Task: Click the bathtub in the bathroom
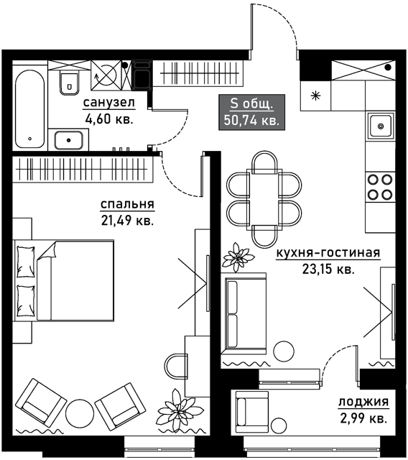point(30,109)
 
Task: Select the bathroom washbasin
point(69,140)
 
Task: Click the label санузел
point(109,103)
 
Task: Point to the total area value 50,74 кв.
point(251,120)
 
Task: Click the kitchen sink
point(380,126)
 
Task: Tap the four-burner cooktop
point(380,187)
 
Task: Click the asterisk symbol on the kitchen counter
point(315,96)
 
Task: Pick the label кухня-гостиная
point(328,253)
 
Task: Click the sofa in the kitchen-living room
point(244,314)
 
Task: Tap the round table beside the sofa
point(284,351)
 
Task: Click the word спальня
point(128,204)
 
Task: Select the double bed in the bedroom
point(64,280)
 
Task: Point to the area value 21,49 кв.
point(128,221)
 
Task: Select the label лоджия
point(363,402)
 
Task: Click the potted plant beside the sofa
point(237,257)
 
